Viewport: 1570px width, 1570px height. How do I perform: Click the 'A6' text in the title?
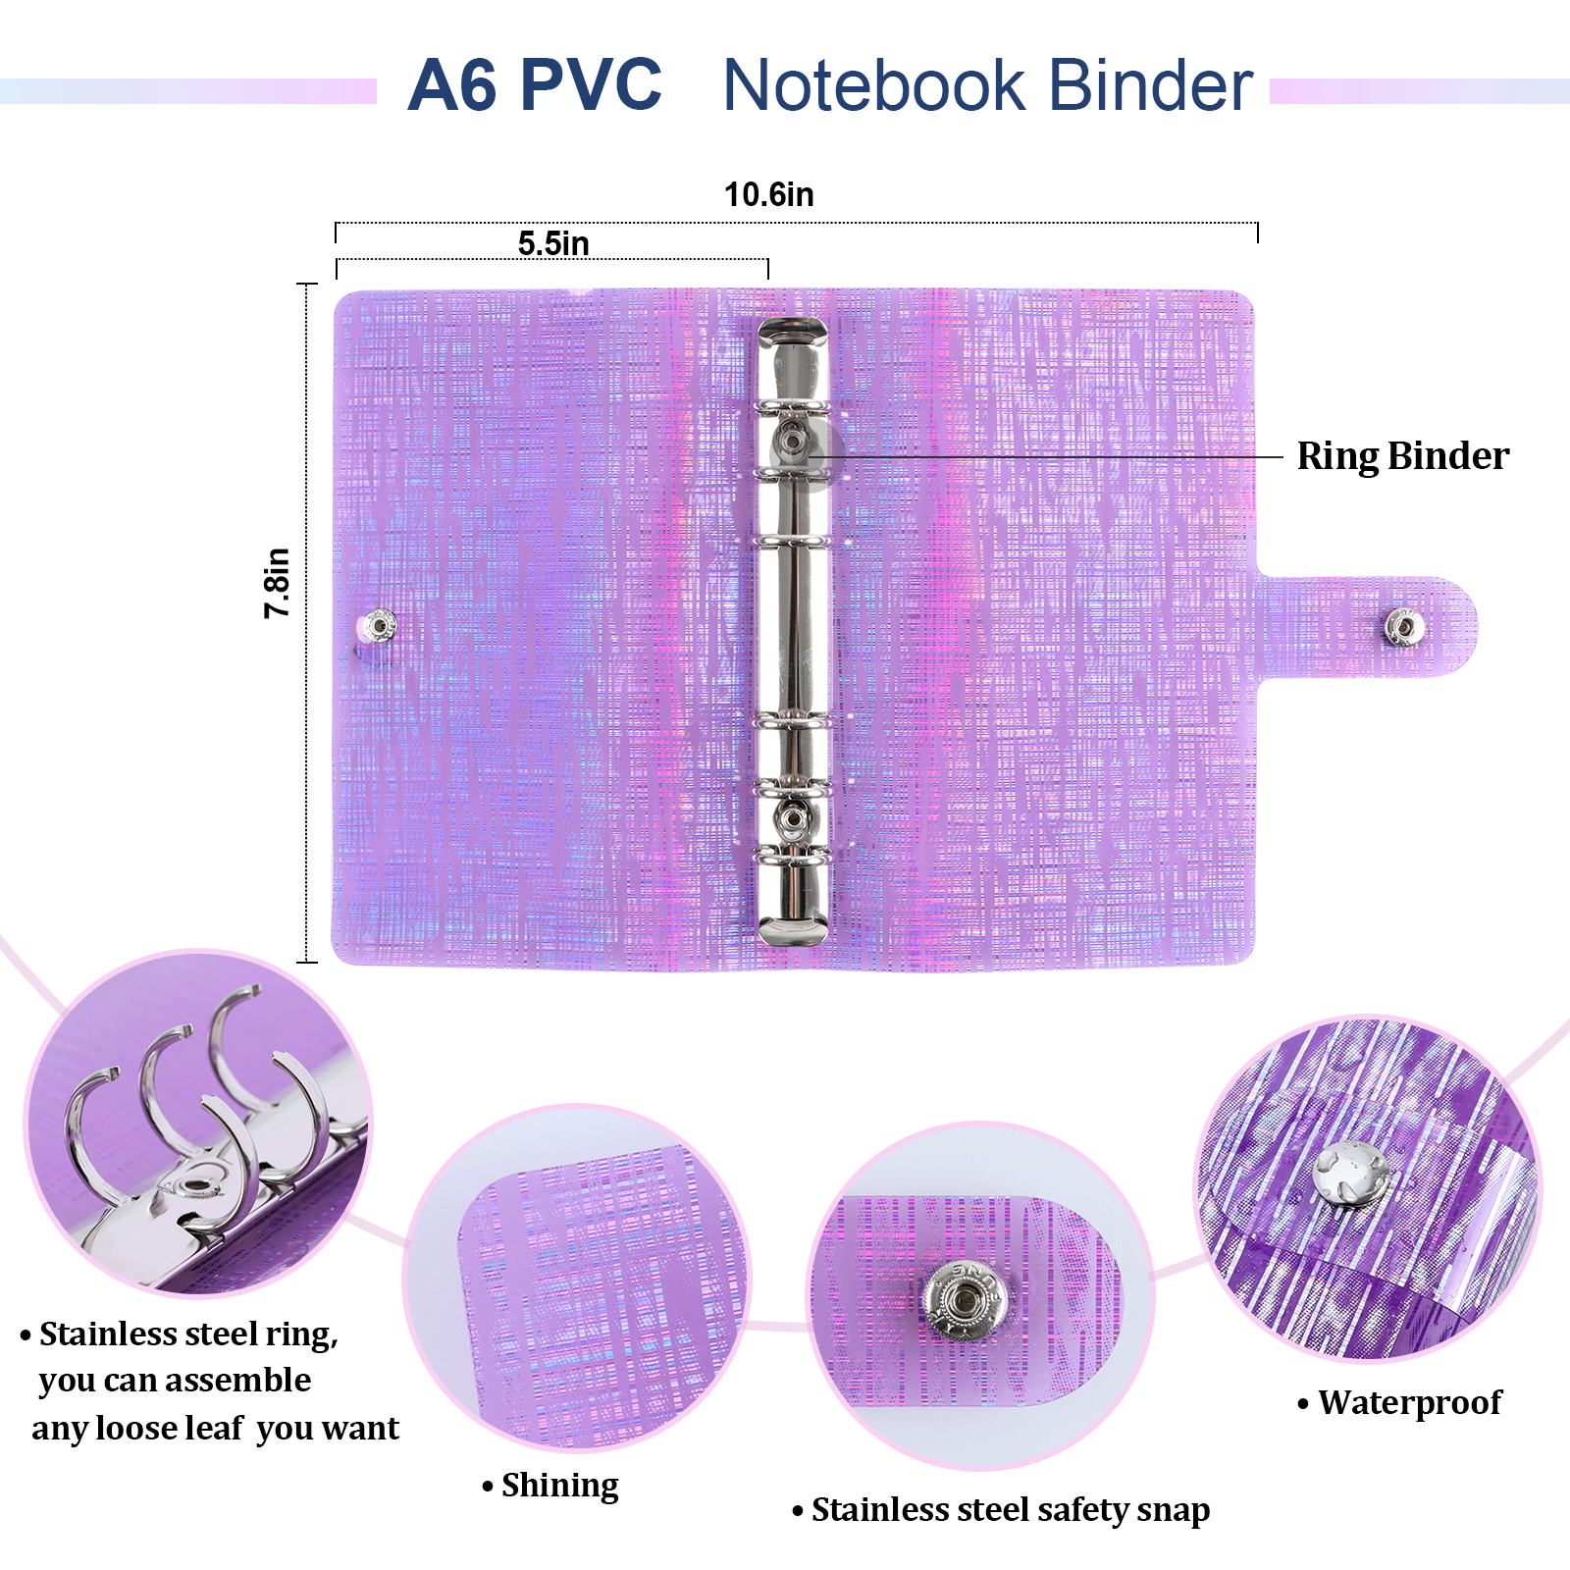[x=452, y=85]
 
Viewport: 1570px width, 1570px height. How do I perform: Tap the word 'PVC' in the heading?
[x=591, y=85]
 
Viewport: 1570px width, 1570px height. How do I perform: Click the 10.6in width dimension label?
[x=768, y=194]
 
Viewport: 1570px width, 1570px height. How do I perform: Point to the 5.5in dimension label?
[x=553, y=243]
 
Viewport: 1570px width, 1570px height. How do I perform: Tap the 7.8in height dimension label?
[x=278, y=583]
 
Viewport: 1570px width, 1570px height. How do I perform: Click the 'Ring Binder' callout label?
[x=1402, y=456]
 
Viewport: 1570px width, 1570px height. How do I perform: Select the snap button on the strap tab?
[x=1403, y=627]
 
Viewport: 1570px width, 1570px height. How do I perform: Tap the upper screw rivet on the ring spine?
[x=792, y=441]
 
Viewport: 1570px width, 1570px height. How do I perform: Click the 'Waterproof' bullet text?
[x=1409, y=1403]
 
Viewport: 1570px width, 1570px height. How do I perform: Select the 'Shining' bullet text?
[x=559, y=1486]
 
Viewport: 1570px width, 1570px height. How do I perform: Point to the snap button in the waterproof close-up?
[x=1351, y=1174]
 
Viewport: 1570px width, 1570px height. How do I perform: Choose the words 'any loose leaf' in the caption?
[x=137, y=1429]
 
